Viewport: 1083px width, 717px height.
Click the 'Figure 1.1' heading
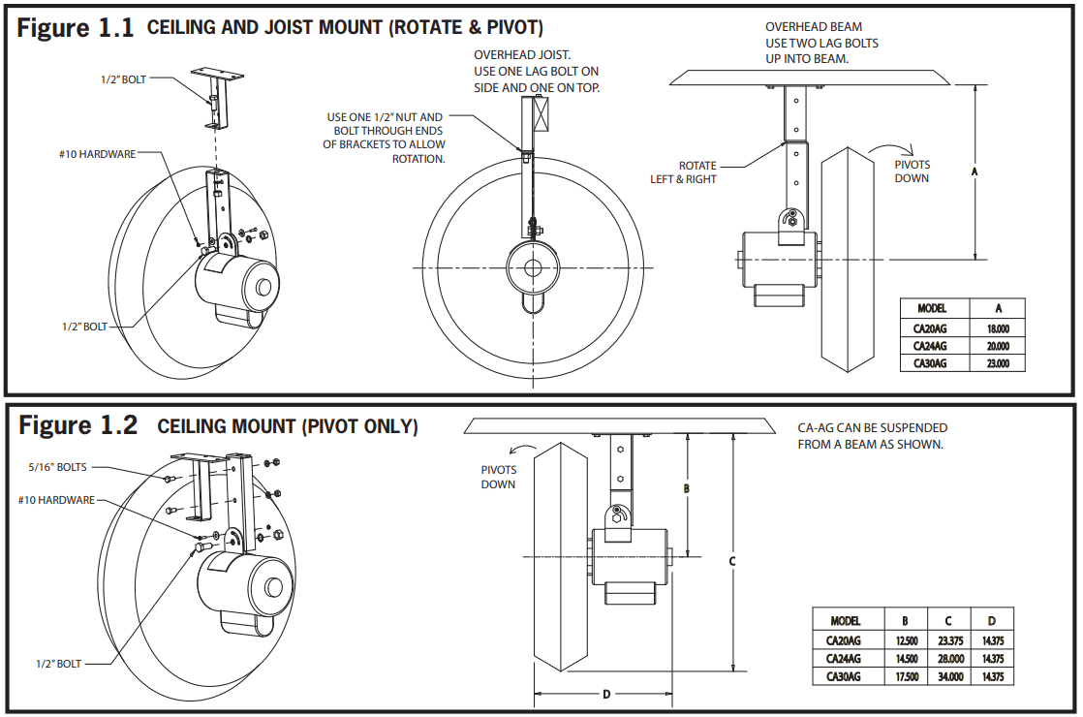pos(76,28)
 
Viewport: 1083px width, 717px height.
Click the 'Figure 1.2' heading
pos(78,426)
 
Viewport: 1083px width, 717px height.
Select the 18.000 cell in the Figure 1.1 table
pos(998,328)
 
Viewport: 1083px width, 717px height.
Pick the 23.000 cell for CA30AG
pos(998,363)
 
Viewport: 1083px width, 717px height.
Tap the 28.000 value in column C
pos(949,658)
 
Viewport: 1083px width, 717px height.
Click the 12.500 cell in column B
pos(907,640)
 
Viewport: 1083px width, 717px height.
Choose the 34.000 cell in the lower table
pos(949,676)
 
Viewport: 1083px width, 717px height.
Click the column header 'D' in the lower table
pos(992,620)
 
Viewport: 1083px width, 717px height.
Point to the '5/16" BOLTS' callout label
pos(57,467)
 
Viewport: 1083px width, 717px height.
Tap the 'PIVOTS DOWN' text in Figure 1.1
pos(912,171)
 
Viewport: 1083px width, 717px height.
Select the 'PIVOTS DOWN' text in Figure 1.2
pos(498,477)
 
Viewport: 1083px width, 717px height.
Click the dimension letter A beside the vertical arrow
pos(975,171)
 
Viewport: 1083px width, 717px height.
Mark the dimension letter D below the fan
pos(606,694)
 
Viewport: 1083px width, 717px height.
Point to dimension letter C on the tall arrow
pos(733,560)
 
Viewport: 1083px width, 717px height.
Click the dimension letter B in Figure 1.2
pos(686,489)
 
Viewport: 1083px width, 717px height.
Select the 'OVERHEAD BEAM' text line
pos(813,27)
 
